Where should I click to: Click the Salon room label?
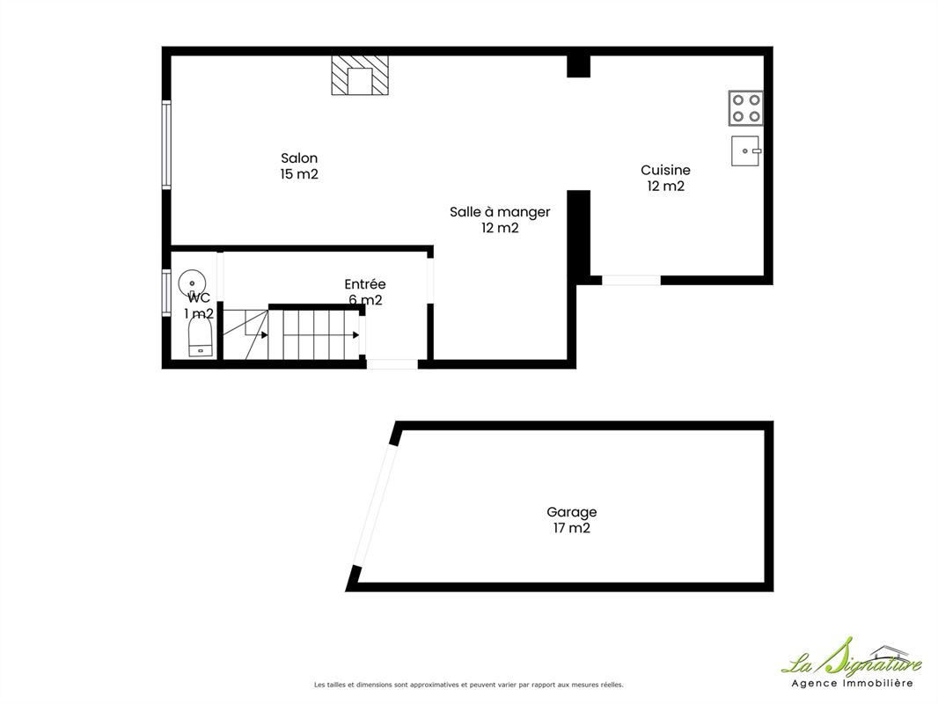click(x=299, y=158)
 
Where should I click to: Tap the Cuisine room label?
click(x=665, y=171)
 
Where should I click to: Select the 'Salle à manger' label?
click(x=500, y=212)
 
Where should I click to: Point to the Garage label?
click(x=571, y=512)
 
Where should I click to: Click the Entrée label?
click(x=365, y=284)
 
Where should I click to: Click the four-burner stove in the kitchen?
click(x=746, y=108)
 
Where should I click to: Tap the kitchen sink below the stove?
click(x=746, y=150)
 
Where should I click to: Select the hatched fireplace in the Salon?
click(x=360, y=76)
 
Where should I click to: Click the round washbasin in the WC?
click(x=192, y=282)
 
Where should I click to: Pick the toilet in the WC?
click(x=201, y=337)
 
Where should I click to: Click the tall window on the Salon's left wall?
click(x=166, y=144)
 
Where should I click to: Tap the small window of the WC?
click(x=166, y=292)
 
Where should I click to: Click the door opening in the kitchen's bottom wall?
click(x=631, y=280)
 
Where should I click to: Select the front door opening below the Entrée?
click(x=392, y=364)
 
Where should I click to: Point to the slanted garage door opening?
click(x=375, y=505)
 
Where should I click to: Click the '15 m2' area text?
click(x=299, y=174)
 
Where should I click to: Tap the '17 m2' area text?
click(x=571, y=528)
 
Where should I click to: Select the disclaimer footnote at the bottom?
click(x=468, y=685)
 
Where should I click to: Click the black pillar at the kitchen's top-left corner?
click(x=578, y=66)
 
